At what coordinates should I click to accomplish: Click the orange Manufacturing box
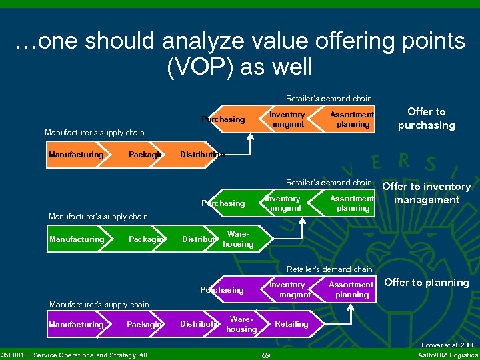click(x=76, y=155)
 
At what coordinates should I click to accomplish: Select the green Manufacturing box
click(x=77, y=239)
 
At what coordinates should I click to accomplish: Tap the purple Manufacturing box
click(x=76, y=325)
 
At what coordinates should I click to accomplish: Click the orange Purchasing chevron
click(x=223, y=119)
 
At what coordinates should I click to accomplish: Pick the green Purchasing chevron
click(x=223, y=203)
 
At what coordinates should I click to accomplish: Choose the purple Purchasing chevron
click(x=223, y=290)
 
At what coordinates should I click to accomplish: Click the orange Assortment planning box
click(x=352, y=119)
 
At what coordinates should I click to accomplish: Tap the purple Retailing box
click(x=291, y=324)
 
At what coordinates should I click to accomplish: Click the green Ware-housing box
click(x=238, y=239)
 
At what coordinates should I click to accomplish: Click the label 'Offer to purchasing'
click(x=426, y=119)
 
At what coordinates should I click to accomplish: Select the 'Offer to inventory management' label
click(x=427, y=193)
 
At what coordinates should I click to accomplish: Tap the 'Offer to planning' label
click(x=427, y=283)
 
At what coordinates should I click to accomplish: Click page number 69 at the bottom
click(x=265, y=355)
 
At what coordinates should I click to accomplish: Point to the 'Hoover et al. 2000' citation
click(x=449, y=345)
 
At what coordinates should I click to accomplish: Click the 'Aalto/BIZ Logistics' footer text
click(x=447, y=355)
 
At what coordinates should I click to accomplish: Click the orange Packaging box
click(x=145, y=155)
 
